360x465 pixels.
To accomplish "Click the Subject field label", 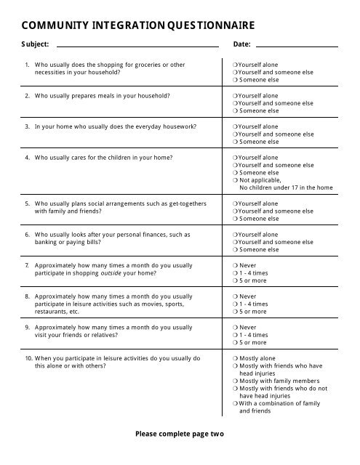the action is (x=36, y=44).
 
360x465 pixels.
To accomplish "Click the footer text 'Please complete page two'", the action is (x=180, y=434).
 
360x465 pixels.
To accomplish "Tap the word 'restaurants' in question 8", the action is (x=52, y=312).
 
